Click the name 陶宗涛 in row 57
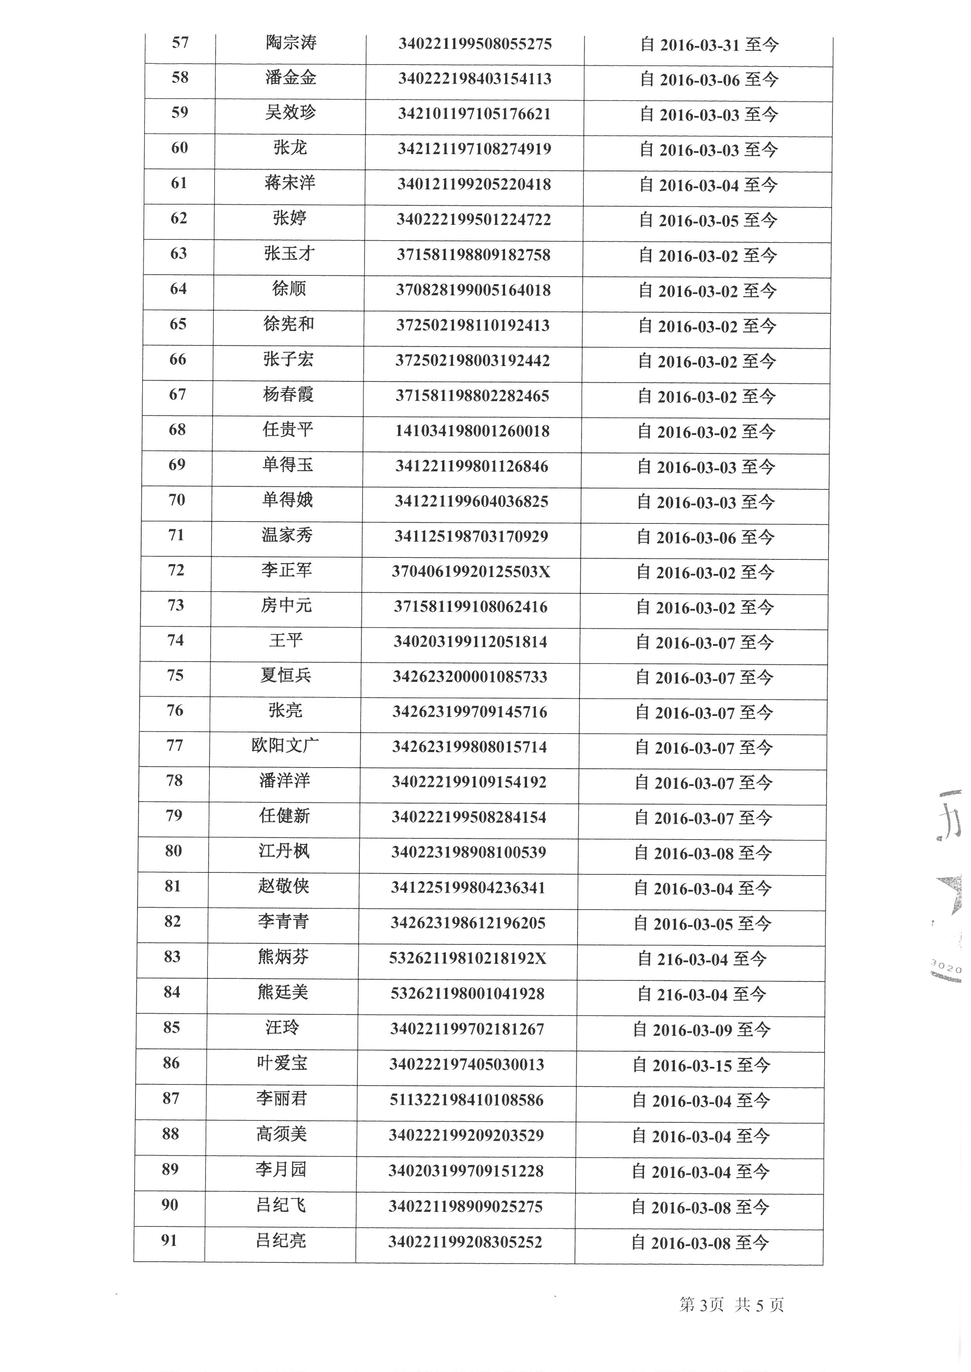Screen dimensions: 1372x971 291,43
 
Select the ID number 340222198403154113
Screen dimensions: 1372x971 475,79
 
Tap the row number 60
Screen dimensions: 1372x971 179,148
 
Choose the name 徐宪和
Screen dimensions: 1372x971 288,324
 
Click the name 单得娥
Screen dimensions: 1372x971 287,500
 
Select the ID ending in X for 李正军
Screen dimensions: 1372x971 471,572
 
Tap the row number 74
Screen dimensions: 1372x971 175,640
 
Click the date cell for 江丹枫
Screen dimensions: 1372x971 703,853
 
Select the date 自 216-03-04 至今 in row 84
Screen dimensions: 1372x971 701,994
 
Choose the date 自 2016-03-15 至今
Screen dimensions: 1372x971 701,1065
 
